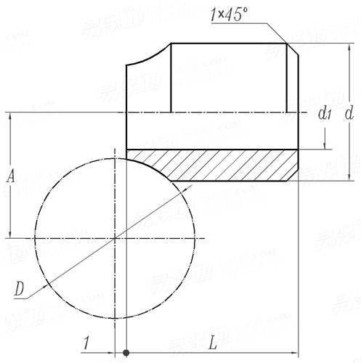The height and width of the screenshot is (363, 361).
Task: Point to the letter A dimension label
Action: point(10,176)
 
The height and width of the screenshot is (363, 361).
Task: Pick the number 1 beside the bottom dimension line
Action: point(86,342)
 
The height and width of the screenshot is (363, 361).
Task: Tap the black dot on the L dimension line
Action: point(126,354)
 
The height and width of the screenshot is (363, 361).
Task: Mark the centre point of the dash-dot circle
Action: point(115,237)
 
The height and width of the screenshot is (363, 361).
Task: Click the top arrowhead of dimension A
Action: point(9,117)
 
